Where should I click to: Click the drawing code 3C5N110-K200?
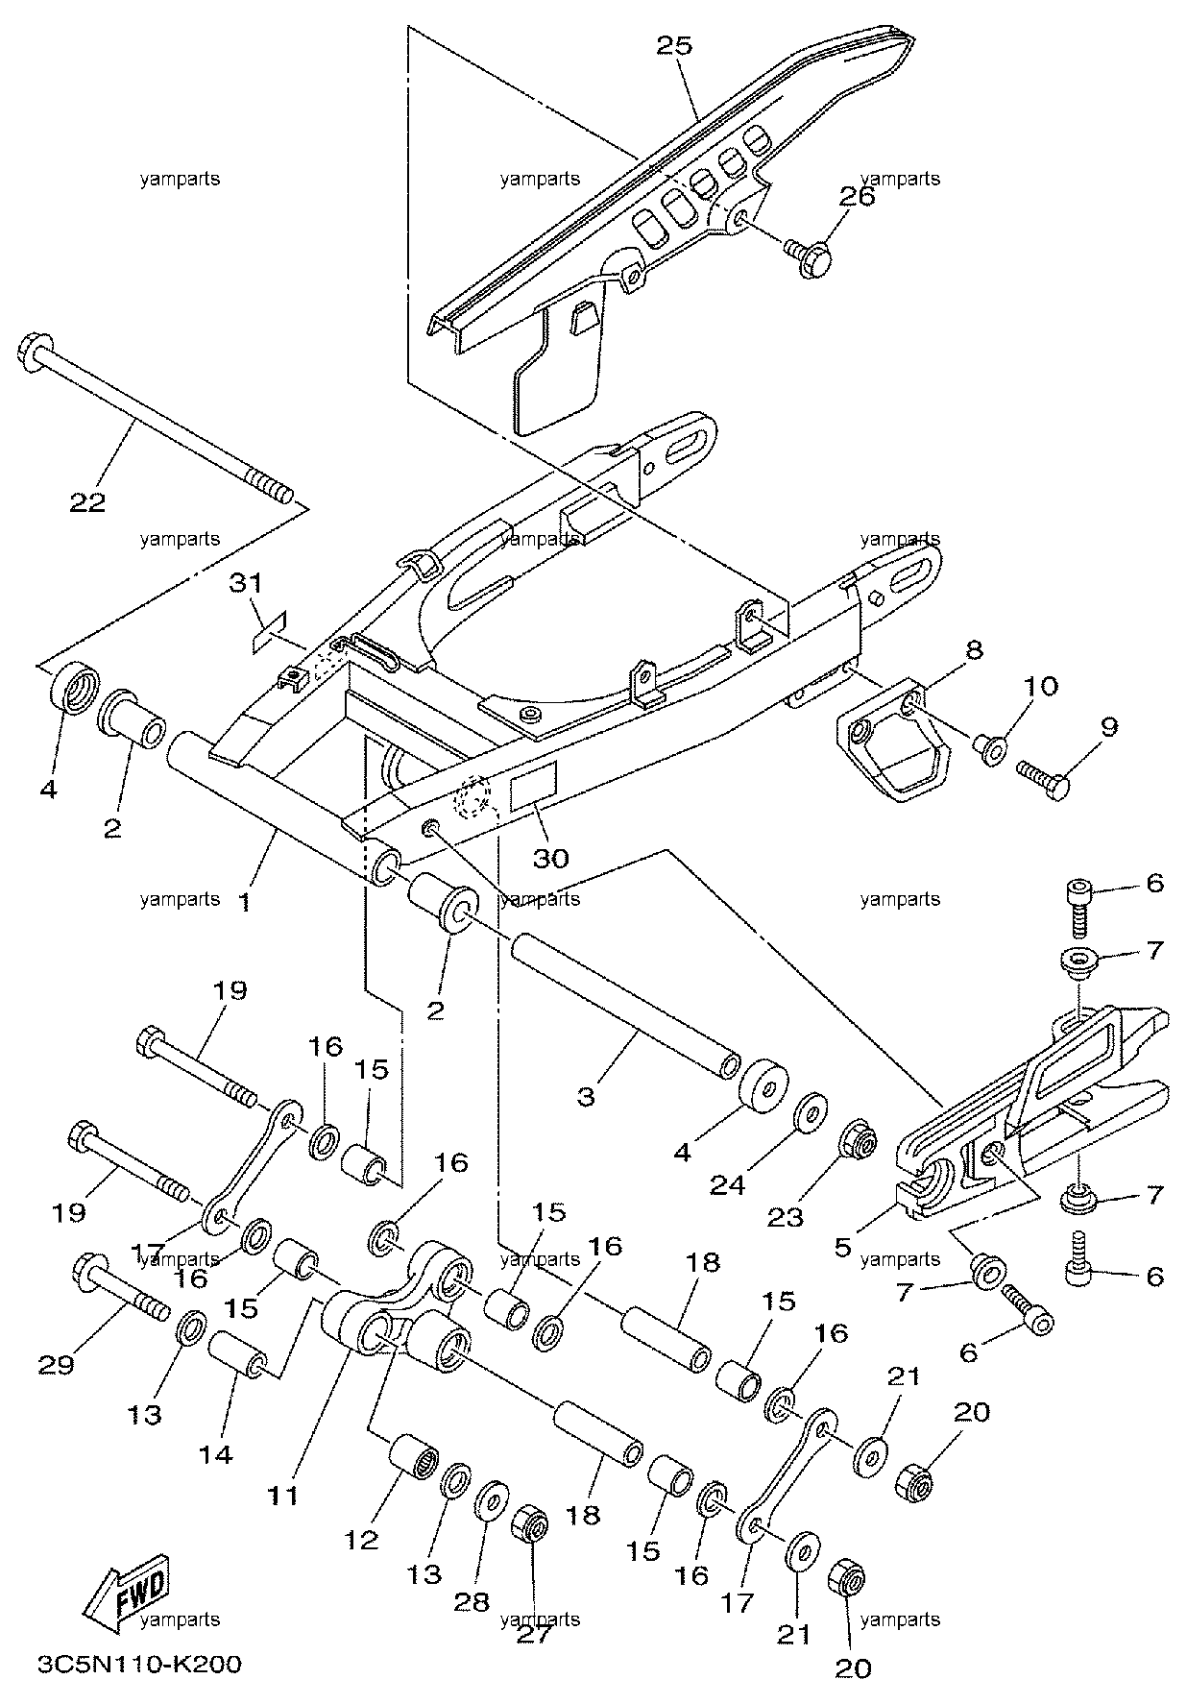(x=140, y=1663)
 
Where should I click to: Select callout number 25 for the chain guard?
(x=674, y=45)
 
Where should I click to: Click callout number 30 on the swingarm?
(x=551, y=858)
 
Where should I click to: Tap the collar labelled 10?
(x=988, y=745)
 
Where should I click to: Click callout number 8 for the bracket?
(x=974, y=649)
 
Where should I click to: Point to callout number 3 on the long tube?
(x=586, y=1097)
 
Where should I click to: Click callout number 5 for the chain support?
(x=843, y=1247)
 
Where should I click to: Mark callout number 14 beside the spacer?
(x=217, y=1455)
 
